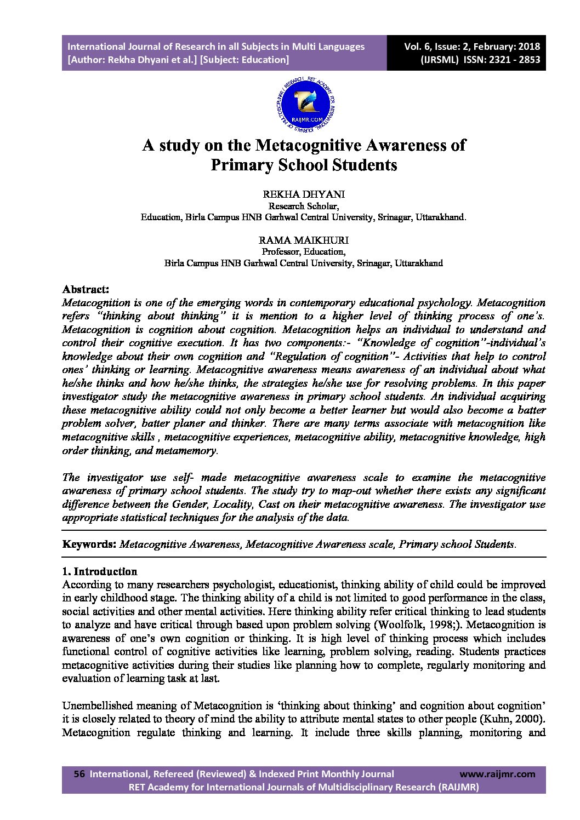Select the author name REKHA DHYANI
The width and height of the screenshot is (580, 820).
coord(304,194)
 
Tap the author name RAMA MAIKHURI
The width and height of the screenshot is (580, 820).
coord(303,240)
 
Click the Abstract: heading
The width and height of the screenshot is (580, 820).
coord(86,289)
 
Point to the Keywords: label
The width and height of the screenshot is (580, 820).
coord(89,544)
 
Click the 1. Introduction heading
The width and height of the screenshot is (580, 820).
coord(100,571)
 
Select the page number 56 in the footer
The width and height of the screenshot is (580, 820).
coord(79,774)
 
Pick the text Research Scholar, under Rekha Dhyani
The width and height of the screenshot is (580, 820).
coord(303,206)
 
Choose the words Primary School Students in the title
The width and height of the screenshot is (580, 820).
coord(304,164)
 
